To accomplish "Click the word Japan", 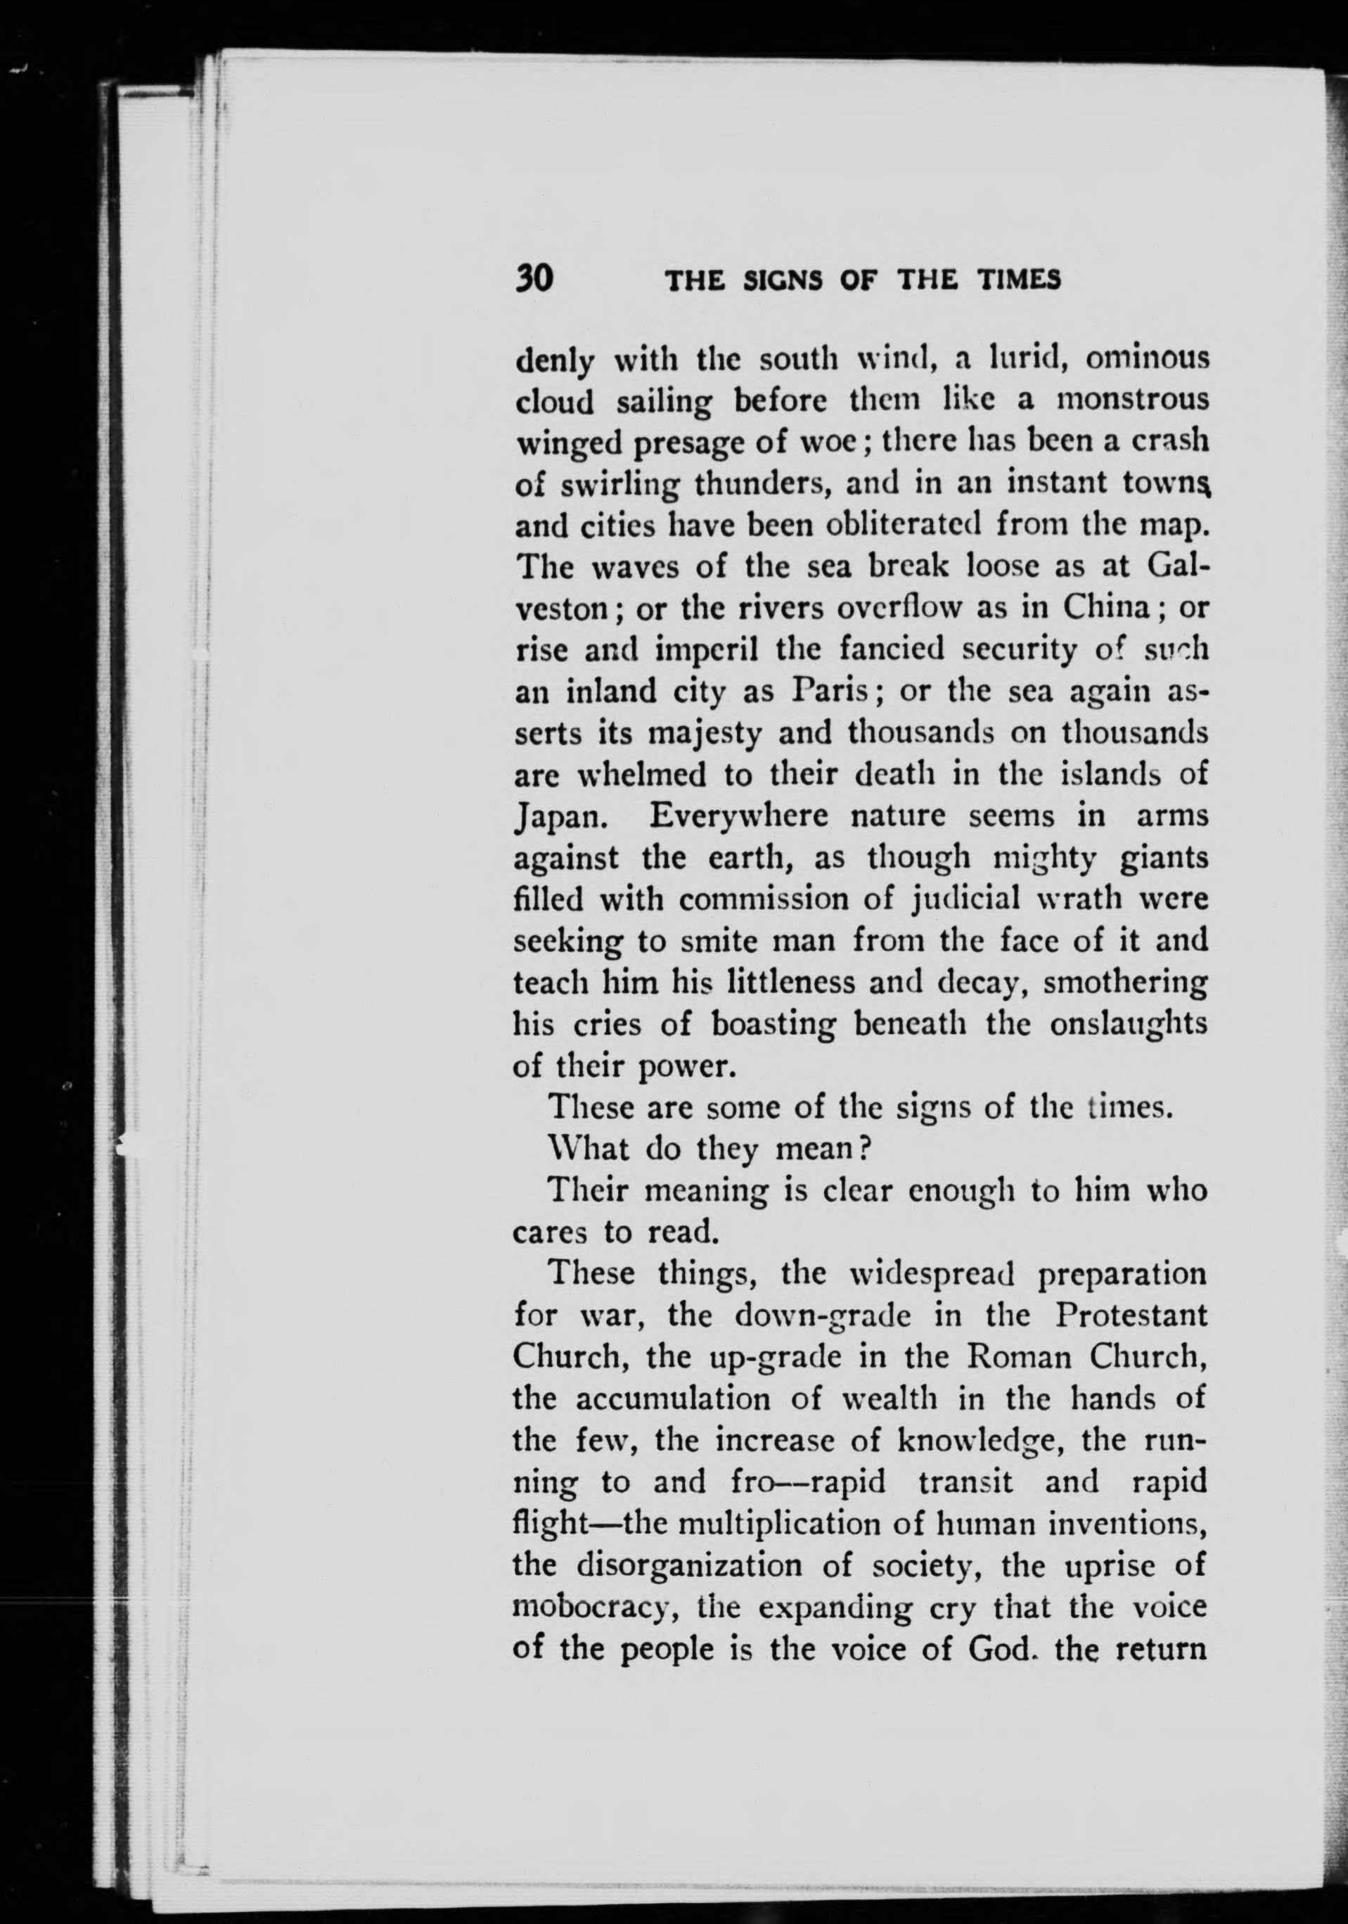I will [x=556, y=817].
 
